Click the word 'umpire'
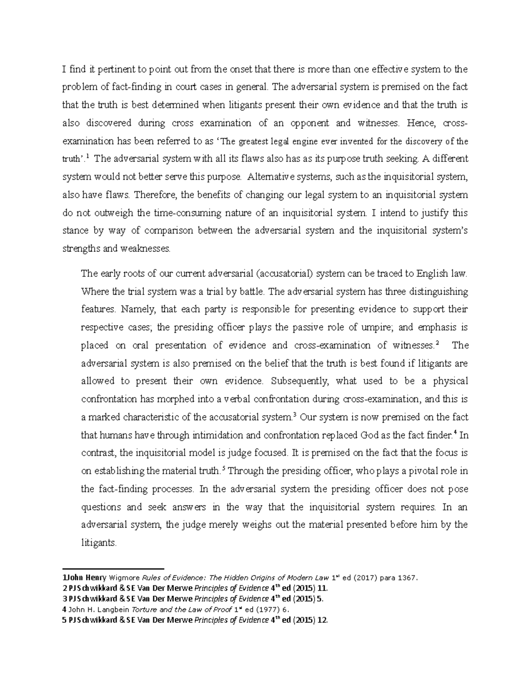pyautogui.click(x=375, y=328)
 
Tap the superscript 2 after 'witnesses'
pyautogui.click(x=438, y=343)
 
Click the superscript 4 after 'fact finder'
pyautogui.click(x=454, y=433)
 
